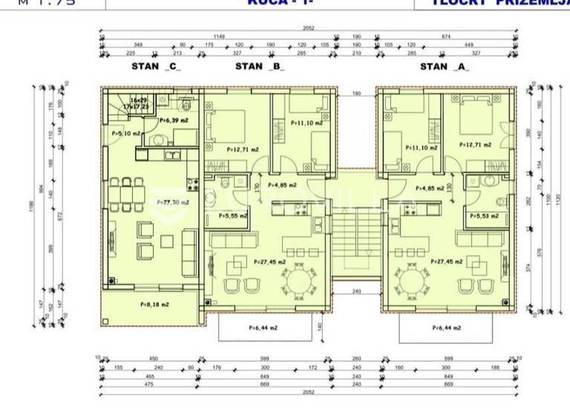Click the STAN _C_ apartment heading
pyautogui.click(x=156, y=66)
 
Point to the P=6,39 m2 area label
pyautogui.click(x=172, y=120)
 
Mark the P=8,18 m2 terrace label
pyautogui.click(x=154, y=304)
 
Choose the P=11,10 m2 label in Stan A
pyautogui.click(x=421, y=147)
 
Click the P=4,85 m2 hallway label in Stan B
pyautogui.click(x=282, y=185)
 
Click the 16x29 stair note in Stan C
pyautogui.click(x=138, y=99)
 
